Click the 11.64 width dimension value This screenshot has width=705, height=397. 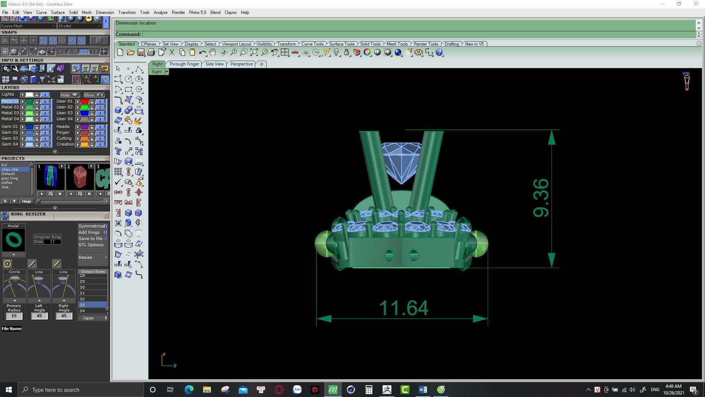[x=403, y=308]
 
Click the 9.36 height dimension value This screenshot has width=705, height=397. [x=541, y=198]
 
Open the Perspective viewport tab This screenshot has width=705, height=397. [x=241, y=64]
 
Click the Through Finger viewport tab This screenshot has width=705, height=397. [x=184, y=64]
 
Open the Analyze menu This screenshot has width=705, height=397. [x=160, y=12]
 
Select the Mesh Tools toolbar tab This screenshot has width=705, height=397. [x=397, y=44]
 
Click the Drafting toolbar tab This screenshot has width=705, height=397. [x=451, y=44]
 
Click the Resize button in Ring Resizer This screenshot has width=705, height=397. [x=86, y=257]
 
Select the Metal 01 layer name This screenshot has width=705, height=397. [x=10, y=101]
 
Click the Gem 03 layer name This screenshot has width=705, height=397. [x=10, y=138]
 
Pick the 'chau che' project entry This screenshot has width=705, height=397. [x=10, y=169]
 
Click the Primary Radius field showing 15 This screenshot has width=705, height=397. [x=14, y=316]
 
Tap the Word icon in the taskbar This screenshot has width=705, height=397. [x=423, y=390]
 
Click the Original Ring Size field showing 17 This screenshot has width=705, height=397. [x=52, y=242]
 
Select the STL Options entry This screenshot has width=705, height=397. [x=91, y=245]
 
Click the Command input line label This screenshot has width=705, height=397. [x=128, y=35]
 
